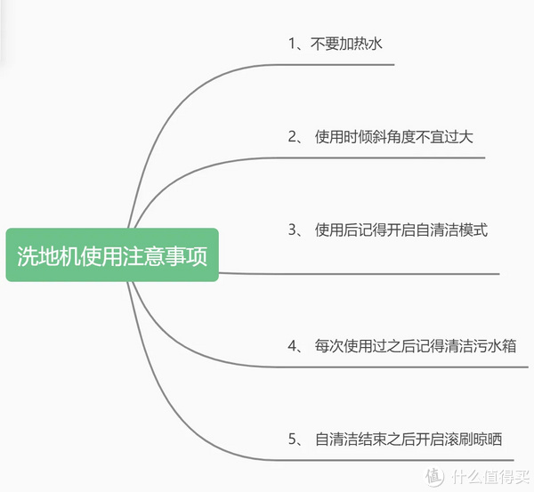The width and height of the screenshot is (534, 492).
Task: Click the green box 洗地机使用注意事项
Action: coord(112,255)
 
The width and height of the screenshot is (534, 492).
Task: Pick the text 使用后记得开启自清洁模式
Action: coord(401,230)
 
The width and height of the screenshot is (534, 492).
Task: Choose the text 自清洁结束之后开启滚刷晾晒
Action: coord(409,439)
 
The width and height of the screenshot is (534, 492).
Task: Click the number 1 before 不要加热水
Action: coord(291,44)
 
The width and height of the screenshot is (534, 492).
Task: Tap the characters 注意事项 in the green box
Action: coord(174,255)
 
